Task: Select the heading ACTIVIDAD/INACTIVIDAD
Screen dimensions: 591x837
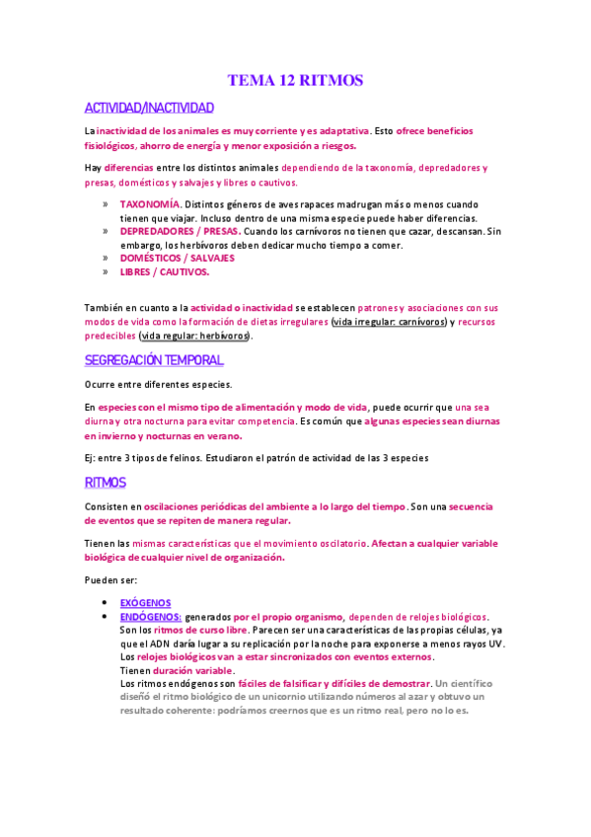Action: [x=149, y=107]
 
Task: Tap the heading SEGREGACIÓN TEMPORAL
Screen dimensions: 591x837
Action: [x=153, y=360]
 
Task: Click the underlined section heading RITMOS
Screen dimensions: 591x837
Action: [x=106, y=482]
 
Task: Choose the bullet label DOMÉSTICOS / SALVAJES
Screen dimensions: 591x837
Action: [x=178, y=258]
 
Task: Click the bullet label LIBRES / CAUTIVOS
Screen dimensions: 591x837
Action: [x=165, y=271]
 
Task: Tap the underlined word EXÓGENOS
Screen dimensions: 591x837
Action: [x=145, y=602]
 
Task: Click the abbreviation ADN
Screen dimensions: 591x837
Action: [x=154, y=643]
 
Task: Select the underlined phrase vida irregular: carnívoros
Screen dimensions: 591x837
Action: [x=391, y=322]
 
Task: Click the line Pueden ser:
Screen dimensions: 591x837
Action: [x=111, y=579]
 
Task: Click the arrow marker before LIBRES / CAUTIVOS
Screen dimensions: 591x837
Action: [x=105, y=271]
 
